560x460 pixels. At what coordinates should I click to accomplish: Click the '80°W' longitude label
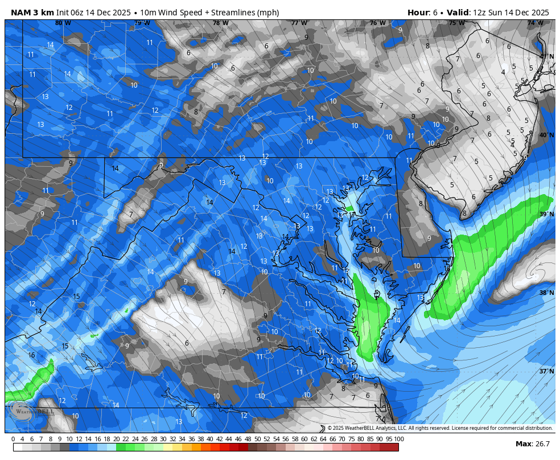click(63, 23)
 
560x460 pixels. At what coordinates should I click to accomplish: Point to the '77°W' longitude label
click(299, 23)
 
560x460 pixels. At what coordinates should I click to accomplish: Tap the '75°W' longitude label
click(456, 23)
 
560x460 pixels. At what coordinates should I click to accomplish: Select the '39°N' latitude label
click(546, 214)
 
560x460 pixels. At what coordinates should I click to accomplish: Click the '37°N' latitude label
click(546, 371)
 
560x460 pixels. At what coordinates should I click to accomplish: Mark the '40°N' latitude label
click(546, 135)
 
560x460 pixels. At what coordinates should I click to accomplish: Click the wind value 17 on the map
click(352, 215)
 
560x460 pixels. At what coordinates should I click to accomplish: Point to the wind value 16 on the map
click(31, 355)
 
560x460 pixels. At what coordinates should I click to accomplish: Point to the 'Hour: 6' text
click(423, 13)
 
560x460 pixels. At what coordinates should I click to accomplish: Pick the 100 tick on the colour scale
click(399, 439)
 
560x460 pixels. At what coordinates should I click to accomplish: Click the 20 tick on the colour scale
click(116, 439)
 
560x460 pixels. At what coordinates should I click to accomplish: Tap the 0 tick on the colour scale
click(13, 439)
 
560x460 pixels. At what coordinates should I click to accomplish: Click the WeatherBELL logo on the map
click(31, 410)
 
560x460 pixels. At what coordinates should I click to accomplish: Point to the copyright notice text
click(439, 428)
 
